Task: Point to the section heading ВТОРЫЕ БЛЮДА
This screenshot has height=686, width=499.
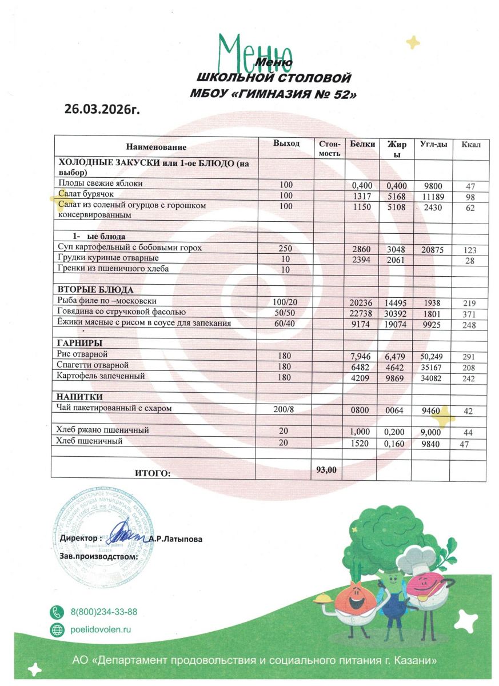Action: [x=95, y=289]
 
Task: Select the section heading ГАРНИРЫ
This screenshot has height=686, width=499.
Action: [x=79, y=343]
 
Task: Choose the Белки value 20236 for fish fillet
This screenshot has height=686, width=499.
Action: [x=361, y=302]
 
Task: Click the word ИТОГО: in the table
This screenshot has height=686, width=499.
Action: [x=153, y=473]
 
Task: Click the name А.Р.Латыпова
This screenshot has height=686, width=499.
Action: [x=175, y=539]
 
